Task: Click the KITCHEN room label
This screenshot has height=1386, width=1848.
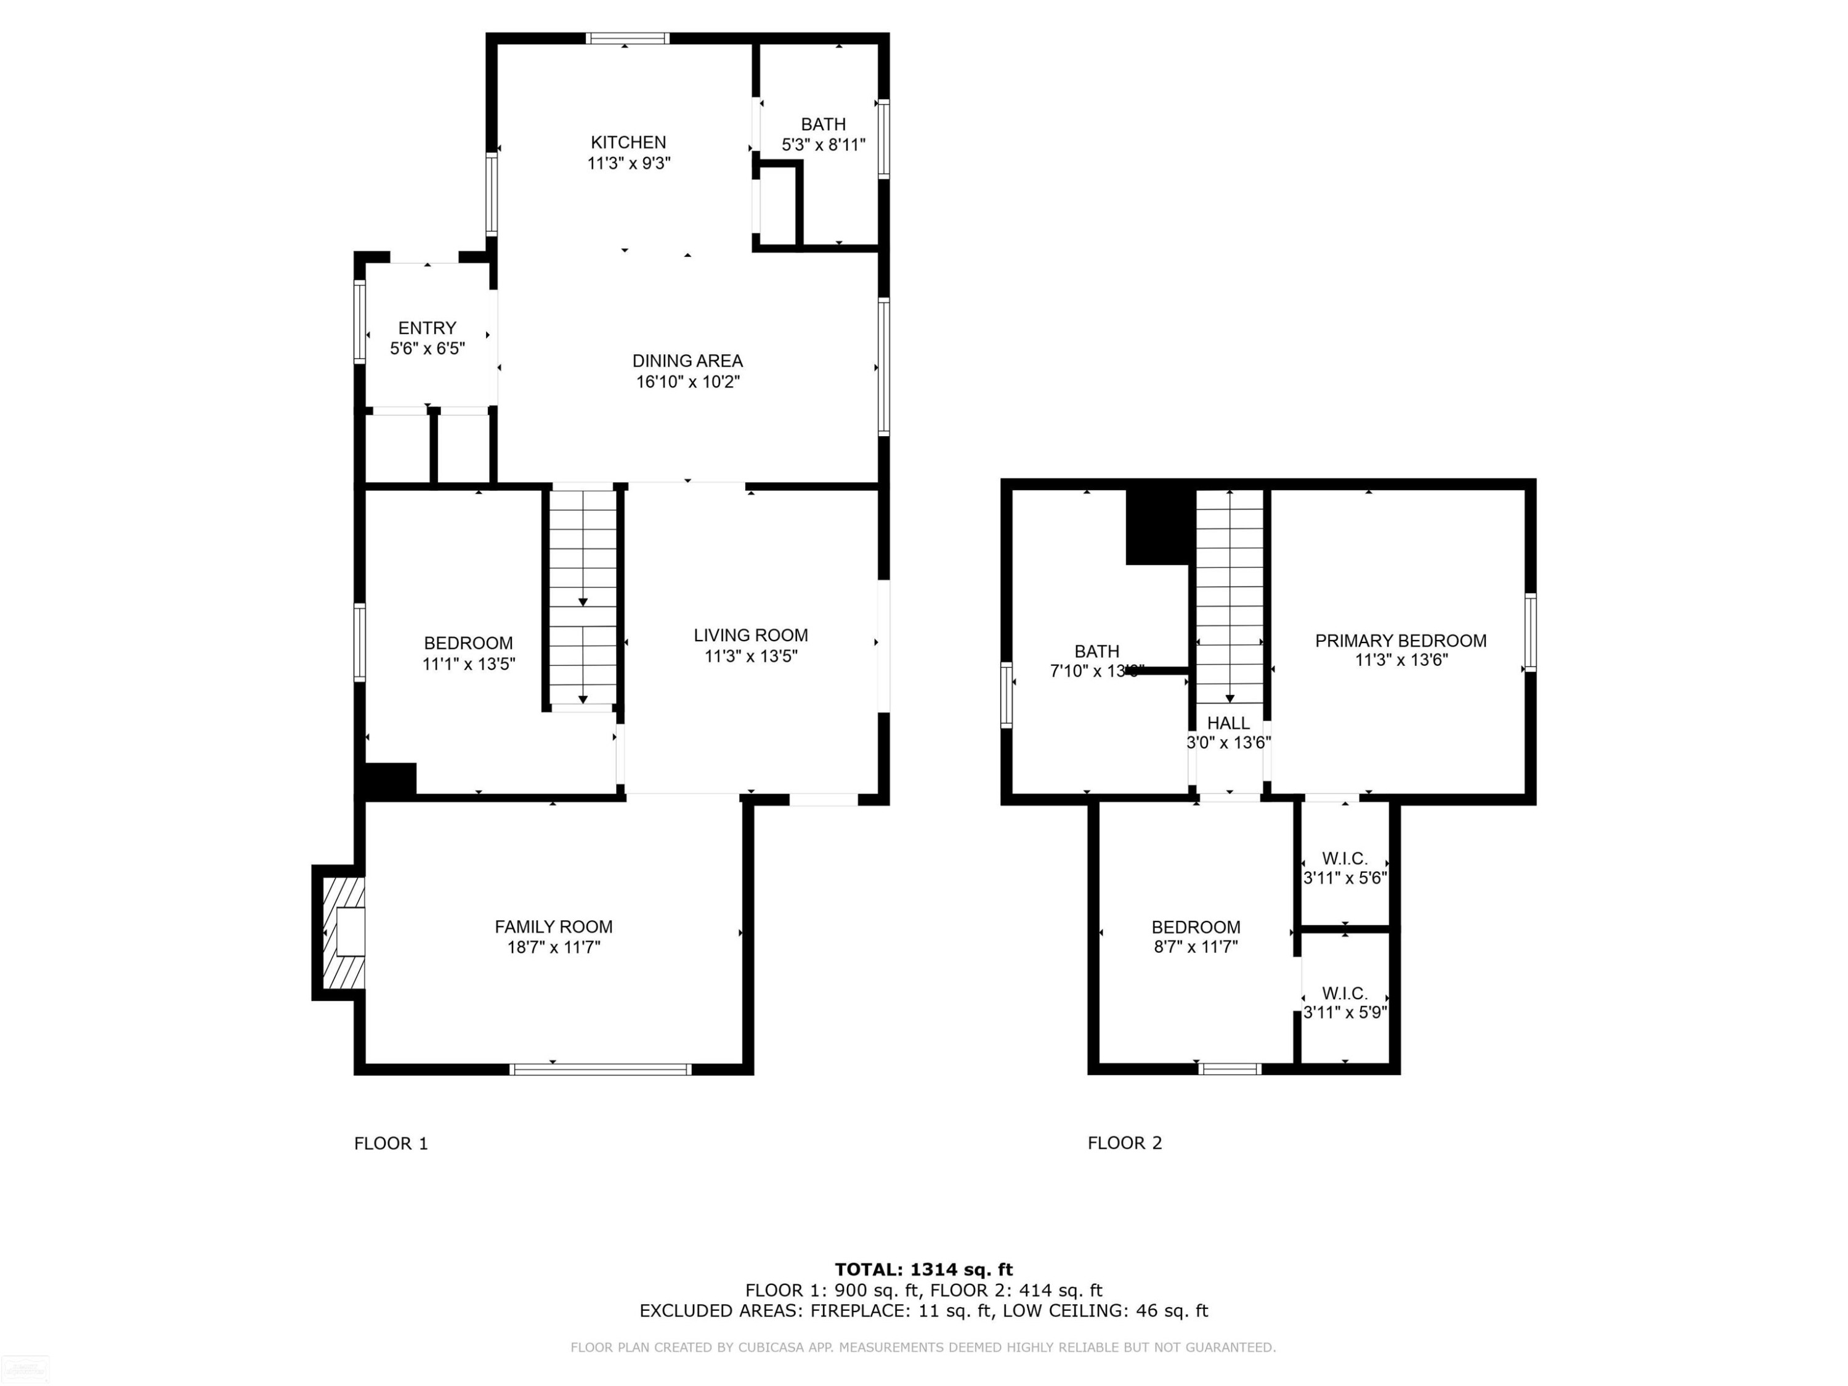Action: coord(628,143)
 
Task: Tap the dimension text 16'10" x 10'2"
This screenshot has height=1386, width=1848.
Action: coord(687,382)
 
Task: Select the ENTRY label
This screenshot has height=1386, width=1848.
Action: coord(427,328)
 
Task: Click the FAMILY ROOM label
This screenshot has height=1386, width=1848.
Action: coord(553,926)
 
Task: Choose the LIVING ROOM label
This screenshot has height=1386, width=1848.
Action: coord(750,635)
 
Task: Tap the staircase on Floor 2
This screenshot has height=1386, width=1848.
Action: coord(1229,596)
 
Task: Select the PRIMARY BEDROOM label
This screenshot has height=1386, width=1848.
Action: coord(1400,641)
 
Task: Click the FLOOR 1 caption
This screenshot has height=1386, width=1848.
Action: coord(391,1143)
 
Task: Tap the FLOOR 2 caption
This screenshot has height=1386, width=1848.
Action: coord(1124,1143)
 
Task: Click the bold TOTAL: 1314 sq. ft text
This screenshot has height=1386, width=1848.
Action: coord(923,1270)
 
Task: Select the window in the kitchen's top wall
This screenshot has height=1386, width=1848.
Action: coord(628,38)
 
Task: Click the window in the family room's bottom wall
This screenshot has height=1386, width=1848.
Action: coord(600,1069)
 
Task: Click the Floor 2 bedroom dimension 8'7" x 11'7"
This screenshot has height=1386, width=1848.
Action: coord(1196,947)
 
